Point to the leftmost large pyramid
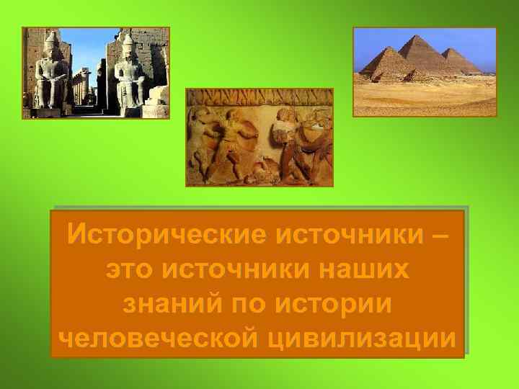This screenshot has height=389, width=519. [x=382, y=63]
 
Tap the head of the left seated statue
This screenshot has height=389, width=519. [x=52, y=45]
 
